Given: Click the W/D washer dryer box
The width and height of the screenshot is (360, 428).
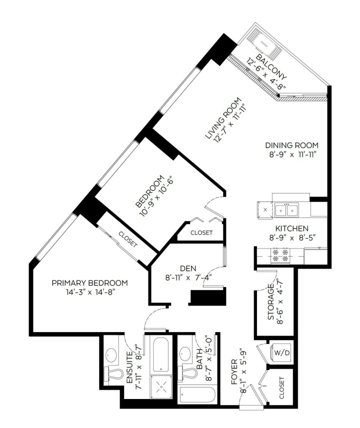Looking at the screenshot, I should (280, 352).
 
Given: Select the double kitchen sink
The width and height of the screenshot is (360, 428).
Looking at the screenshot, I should (286, 209).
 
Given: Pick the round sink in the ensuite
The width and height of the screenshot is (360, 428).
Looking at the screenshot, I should (110, 355).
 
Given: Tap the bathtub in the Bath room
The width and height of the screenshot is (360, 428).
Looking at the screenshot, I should (197, 395).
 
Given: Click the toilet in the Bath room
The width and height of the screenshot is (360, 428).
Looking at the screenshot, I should (189, 373).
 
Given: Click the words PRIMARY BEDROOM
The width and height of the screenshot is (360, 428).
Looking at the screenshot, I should (89, 283).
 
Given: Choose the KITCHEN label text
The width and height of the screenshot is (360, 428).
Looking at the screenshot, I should (291, 228).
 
